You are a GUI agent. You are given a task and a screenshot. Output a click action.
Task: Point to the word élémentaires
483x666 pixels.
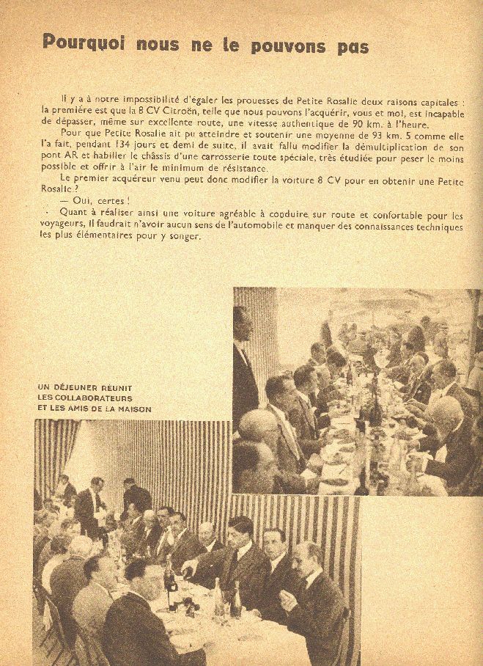tap(106, 238)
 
